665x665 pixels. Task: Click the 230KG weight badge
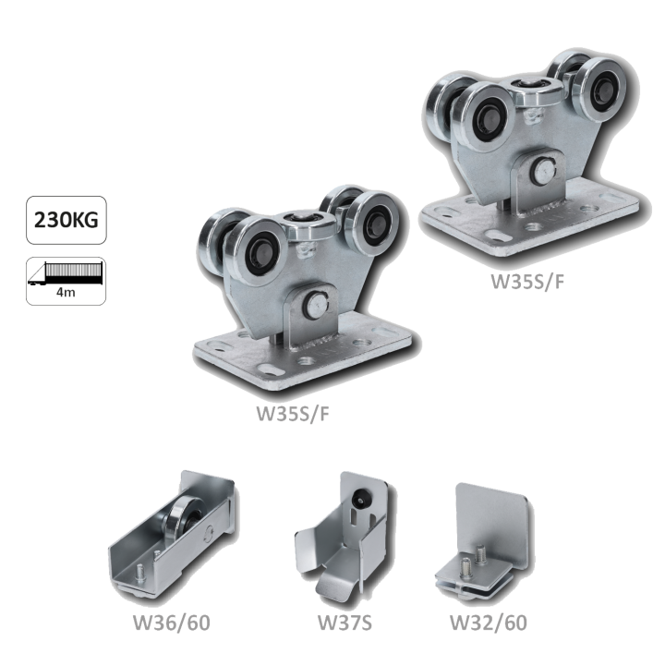(66, 220)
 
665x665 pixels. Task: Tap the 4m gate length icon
(66, 281)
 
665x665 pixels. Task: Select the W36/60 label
(172, 623)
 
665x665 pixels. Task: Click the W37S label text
(345, 623)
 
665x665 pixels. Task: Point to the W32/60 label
(489, 623)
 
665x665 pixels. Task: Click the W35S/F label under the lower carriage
(293, 414)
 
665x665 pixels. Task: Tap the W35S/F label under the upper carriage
(528, 282)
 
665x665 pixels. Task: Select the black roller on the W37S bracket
(361, 496)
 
